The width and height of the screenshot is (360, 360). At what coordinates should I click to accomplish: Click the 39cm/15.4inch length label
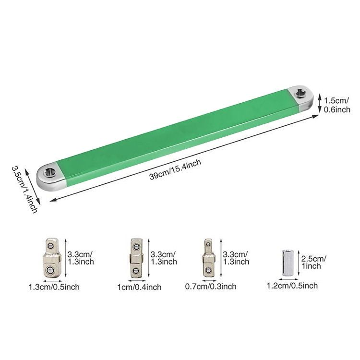[x=175, y=169]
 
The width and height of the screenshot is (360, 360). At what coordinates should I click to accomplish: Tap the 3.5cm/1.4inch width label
[x=24, y=190]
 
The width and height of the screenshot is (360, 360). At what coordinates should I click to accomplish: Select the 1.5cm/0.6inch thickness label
[x=337, y=105]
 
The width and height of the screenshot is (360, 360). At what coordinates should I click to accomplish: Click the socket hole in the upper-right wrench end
[x=300, y=93]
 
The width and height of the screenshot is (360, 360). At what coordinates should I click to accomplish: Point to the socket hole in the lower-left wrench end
[x=49, y=172]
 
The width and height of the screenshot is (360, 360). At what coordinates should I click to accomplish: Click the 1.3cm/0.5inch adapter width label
[x=54, y=287]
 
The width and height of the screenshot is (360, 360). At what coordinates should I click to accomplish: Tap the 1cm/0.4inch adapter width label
[x=139, y=287]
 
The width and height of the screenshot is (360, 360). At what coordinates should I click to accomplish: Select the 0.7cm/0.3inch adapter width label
[x=211, y=286]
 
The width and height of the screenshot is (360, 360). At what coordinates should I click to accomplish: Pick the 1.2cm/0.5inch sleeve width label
[x=292, y=286]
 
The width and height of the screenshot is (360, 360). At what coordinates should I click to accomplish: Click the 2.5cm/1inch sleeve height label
[x=313, y=262]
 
